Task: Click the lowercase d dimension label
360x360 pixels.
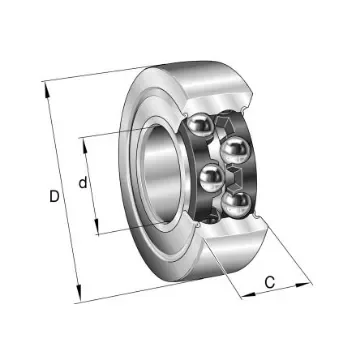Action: pos(84,183)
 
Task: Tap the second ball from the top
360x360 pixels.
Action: pos(235,150)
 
